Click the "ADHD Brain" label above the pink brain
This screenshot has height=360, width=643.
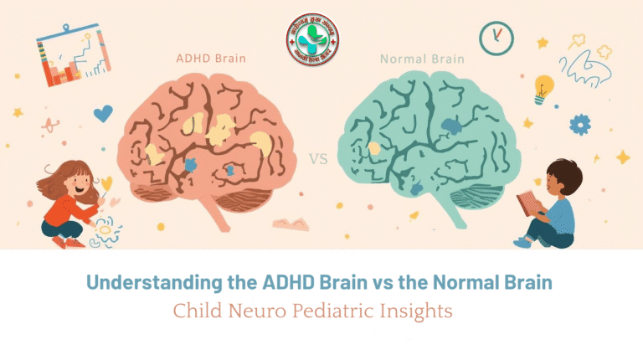coord(207,59)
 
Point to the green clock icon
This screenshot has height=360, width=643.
coord(496,38)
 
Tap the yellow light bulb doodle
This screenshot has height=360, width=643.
coord(544,87)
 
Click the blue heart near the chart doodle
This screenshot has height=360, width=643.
coord(103,113)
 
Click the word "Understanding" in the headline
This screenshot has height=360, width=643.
coord(160,282)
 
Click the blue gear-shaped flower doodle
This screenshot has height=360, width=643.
coord(580,125)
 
